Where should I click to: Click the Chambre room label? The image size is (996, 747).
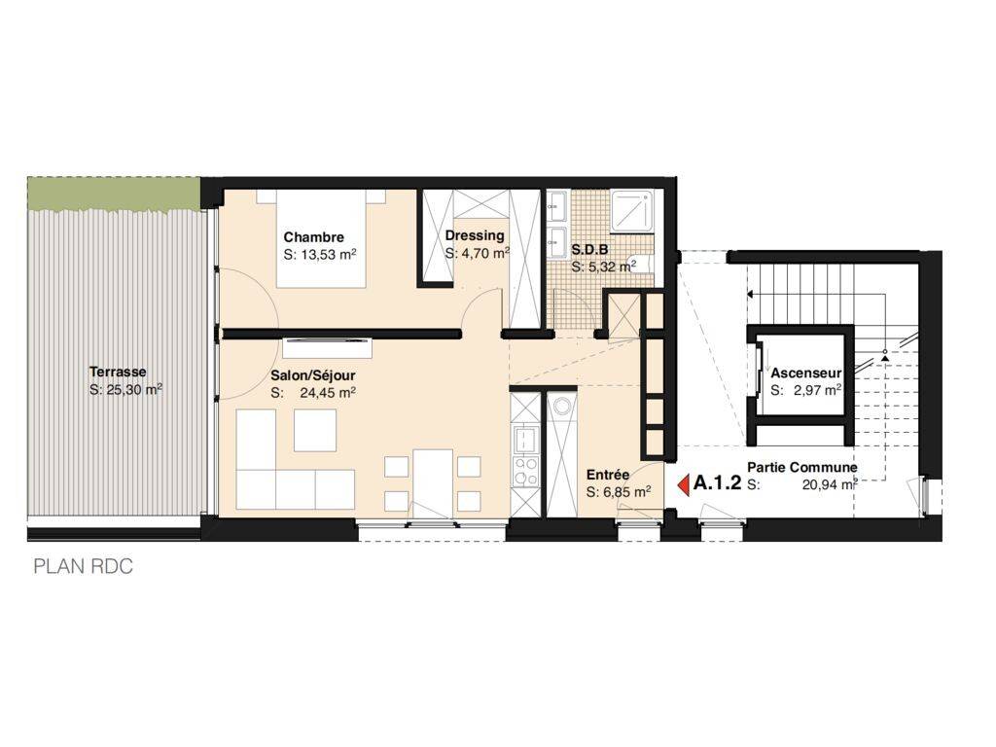coord(313,237)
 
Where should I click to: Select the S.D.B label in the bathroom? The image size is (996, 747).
coord(589,250)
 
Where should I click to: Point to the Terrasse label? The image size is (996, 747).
coord(118,372)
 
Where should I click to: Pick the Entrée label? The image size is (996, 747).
coord(608,475)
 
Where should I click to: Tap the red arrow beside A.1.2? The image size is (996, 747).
coord(684,484)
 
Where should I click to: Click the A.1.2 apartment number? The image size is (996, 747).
coord(717,483)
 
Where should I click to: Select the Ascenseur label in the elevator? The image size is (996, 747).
coord(806,373)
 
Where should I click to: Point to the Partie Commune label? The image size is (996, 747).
coord(802,468)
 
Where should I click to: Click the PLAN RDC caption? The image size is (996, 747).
coord(84,567)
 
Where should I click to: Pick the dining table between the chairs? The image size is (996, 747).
coord(433,480)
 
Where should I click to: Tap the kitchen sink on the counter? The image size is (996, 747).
coord(525,439)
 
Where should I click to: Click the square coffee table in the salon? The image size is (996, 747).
coord(315,431)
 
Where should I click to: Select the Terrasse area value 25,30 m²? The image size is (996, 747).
coord(125,389)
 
